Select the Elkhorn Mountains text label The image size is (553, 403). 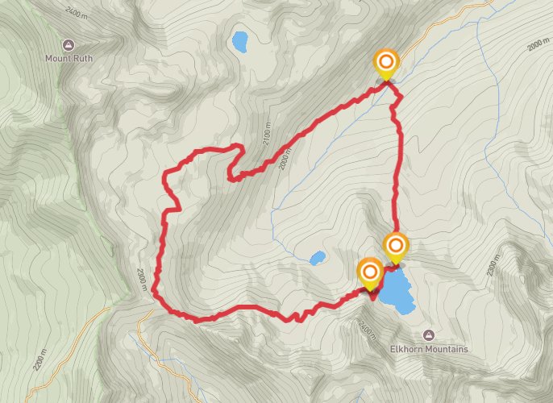coord(428,349)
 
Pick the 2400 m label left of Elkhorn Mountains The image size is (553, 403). coord(364,328)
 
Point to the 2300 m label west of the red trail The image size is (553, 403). coord(142,279)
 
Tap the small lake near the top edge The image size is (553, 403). coord(239,41)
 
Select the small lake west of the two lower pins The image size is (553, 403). coord(318,259)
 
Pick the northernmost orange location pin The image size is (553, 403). coord(387,63)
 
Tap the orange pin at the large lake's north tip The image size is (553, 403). coord(396,246)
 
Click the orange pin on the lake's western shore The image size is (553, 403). coord(370,272)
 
